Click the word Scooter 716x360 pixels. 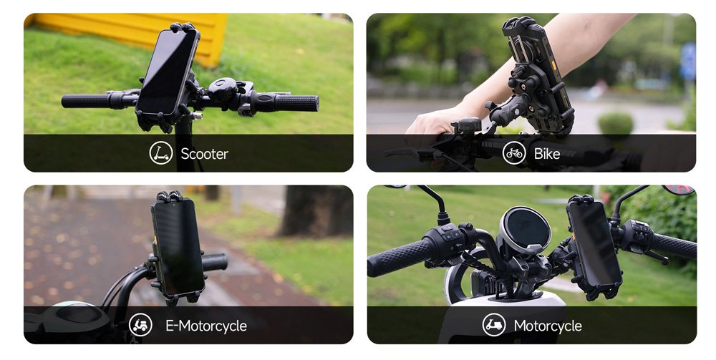204,154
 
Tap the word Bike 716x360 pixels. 546,154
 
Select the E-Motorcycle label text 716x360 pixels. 206,326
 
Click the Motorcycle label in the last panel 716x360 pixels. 548,326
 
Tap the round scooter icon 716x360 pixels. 160,153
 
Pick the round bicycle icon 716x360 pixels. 514,153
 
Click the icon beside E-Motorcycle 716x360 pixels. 140,325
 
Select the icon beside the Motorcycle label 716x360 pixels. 494,325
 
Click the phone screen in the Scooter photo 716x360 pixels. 167,72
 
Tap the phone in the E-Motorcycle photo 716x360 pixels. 178,247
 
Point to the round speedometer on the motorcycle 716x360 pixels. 525,229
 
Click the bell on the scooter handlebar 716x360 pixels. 223,89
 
